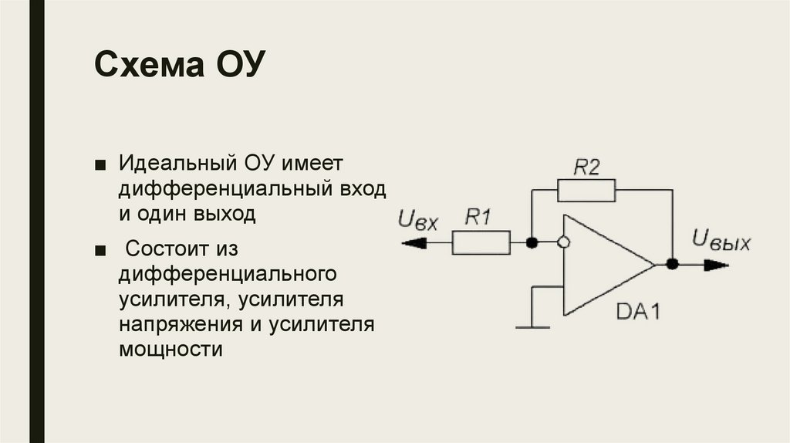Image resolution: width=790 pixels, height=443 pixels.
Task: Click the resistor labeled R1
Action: click(481, 243)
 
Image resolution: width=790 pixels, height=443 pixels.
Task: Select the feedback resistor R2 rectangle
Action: click(586, 188)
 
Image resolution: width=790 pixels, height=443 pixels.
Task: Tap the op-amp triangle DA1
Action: click(602, 265)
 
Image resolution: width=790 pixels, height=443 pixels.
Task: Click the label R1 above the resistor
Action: click(478, 218)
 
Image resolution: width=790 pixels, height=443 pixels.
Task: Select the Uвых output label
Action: click(721, 241)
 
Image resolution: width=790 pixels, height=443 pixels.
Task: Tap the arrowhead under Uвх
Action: click(414, 244)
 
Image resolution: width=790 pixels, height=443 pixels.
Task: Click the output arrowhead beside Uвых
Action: click(714, 264)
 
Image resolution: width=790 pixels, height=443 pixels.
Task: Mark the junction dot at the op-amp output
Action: click(672, 264)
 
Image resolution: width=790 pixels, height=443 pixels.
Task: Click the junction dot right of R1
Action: click(532, 243)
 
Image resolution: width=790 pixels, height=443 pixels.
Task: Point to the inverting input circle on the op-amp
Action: click(564, 243)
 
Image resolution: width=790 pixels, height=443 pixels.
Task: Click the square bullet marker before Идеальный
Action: click(100, 165)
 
